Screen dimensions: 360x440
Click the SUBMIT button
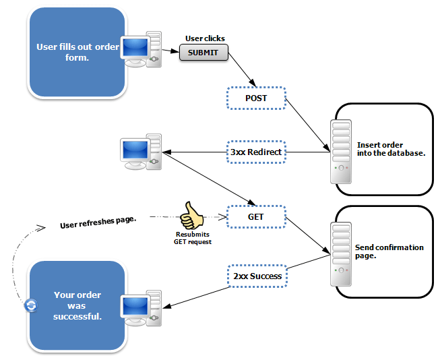203,53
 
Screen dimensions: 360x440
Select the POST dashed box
255,98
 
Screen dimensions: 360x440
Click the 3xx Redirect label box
255,152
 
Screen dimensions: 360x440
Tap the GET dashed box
255,217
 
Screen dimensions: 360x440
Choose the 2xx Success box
255,276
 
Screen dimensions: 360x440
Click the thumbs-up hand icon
191,216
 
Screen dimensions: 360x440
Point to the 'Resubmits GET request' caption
192,238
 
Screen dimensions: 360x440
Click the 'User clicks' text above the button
205,38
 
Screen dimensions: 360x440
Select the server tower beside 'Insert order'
341,152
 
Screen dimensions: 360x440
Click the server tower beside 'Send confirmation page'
341,253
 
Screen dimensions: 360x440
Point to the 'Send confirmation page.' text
389,251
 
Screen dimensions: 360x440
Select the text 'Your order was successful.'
77,305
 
